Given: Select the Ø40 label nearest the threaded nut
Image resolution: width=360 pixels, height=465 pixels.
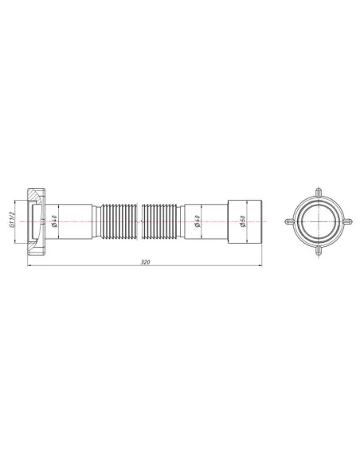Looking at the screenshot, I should (53, 221).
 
